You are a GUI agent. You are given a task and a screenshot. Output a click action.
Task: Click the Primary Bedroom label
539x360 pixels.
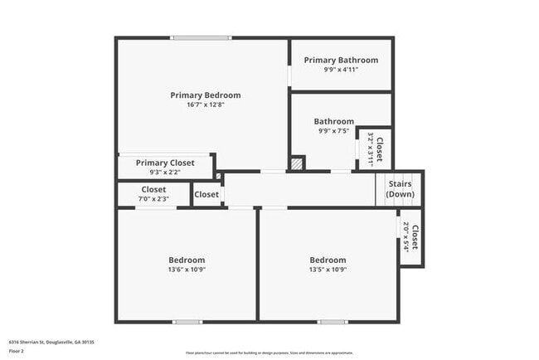[205, 95]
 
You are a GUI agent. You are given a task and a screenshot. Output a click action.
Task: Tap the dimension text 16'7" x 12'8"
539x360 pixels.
[205, 105]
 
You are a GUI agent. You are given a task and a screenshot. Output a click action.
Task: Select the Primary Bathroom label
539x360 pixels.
[341, 60]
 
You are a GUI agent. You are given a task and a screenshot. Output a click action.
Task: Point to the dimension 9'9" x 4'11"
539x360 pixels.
[341, 70]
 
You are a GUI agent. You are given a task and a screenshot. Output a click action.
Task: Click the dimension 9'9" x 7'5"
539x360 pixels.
[333, 131]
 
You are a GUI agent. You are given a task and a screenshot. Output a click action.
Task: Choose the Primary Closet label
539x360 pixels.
[165, 163]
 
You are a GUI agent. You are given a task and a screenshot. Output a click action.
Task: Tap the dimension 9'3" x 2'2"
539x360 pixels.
[165, 173]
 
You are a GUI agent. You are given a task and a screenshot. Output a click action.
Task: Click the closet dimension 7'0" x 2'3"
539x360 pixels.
[153, 199]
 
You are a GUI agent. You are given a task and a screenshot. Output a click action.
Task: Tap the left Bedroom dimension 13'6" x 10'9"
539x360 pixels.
[187, 270]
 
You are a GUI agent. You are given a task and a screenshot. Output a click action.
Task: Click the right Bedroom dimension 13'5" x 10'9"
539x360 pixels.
[328, 270]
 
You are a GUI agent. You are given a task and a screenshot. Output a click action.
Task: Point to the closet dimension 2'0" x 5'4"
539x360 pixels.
[405, 237]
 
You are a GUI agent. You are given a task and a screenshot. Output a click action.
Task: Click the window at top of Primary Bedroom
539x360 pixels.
[201, 37]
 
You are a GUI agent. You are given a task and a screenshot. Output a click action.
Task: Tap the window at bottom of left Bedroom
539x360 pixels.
[187, 322]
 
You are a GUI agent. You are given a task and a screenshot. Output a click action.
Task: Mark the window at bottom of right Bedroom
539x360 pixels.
[333, 322]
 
